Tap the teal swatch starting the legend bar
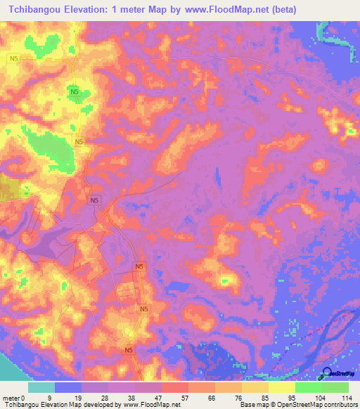pos(41,387)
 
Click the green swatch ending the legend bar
pos(335,387)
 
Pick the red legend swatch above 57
pos(175,387)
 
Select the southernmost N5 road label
pos(129,349)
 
